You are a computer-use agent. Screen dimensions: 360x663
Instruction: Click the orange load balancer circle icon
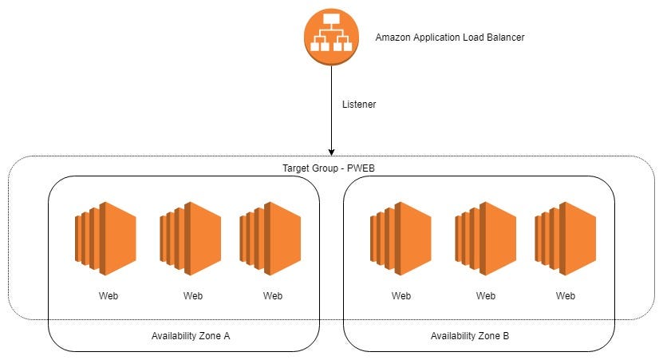(x=331, y=36)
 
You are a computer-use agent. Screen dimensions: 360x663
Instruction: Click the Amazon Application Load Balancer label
(x=450, y=38)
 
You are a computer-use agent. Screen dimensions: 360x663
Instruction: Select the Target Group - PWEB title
(x=330, y=168)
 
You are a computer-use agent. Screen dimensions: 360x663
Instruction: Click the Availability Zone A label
(x=191, y=336)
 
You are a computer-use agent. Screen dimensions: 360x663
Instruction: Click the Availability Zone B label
(x=470, y=336)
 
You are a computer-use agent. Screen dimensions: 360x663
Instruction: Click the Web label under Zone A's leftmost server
(x=109, y=295)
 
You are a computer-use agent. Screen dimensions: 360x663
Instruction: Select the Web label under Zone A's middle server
(x=193, y=295)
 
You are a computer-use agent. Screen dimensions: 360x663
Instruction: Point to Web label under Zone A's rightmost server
(x=273, y=295)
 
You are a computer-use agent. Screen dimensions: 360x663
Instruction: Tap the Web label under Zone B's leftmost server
(x=401, y=295)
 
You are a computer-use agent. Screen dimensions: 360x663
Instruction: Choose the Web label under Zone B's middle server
(x=486, y=295)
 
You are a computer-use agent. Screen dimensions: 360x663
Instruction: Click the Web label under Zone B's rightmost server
(x=566, y=295)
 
